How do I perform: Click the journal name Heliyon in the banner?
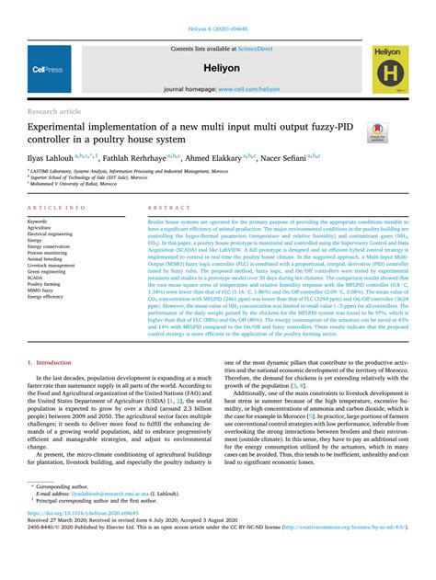pyautogui.click(x=217, y=69)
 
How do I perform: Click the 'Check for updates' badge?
pyautogui.click(x=378, y=133)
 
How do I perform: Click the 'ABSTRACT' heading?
pyautogui.click(x=169, y=209)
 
